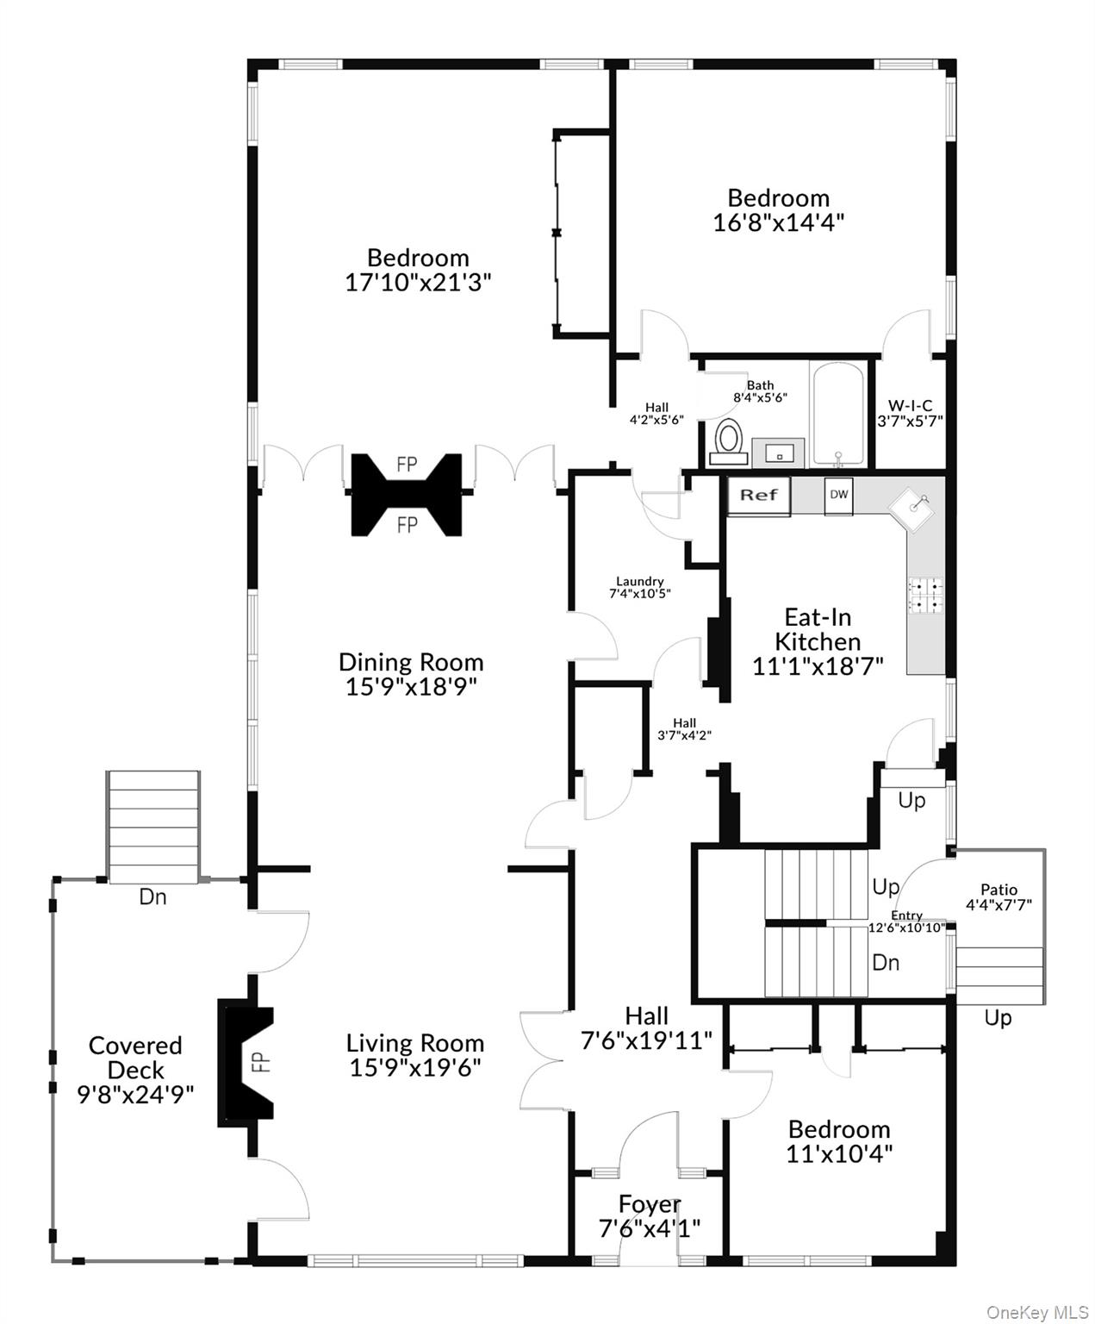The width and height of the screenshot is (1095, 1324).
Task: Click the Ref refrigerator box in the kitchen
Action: [758, 496]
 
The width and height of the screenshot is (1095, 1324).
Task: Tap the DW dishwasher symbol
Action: [838, 495]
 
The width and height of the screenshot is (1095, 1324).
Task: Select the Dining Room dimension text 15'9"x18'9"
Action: [411, 687]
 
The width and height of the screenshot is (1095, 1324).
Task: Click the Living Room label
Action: [414, 1043]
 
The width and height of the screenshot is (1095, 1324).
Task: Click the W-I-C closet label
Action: [910, 406]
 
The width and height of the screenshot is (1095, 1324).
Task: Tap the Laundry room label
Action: [639, 581]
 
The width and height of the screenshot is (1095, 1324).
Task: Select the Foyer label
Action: [650, 1204]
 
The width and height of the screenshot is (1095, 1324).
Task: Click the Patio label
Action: [999, 890]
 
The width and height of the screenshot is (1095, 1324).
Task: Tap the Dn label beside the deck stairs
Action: [152, 897]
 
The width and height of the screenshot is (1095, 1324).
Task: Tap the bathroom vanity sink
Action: [778, 452]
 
